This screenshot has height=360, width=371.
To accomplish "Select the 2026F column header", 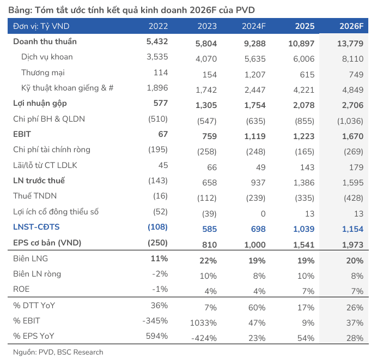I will coord(352,26).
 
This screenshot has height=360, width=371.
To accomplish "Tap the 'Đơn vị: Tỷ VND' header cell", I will coord(41,26).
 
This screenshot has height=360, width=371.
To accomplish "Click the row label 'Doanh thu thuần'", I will coord(45,41).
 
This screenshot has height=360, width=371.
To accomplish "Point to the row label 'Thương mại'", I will coord(41,72).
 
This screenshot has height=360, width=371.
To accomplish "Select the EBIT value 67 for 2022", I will coord(162,134).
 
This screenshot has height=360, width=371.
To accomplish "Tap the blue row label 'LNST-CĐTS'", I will coord(36,226).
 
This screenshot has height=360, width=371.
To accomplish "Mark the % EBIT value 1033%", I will coord(204,323).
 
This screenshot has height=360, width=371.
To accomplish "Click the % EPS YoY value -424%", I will coord(204,338).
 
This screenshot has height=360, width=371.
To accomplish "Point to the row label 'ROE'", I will coord(22,289).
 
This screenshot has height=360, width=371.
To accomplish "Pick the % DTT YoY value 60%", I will coord(256,308).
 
